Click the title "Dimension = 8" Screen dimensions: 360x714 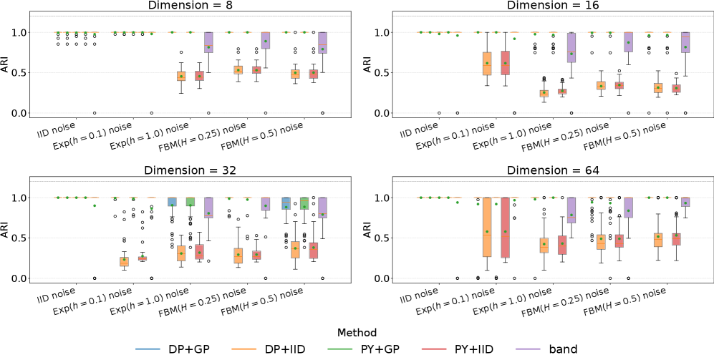pyautogui.click(x=181, y=6)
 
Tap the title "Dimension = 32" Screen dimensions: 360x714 pyautogui.click(x=181, y=171)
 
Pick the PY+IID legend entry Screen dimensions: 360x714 pyautogui.click(x=462, y=350)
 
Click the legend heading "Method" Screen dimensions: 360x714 pyautogui.click(x=356, y=333)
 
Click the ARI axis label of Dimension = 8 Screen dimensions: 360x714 pyautogui.click(x=9, y=64)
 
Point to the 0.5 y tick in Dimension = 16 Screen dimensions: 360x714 pyautogui.click(x=373, y=73)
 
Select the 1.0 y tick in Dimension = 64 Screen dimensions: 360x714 pyautogui.click(x=373, y=198)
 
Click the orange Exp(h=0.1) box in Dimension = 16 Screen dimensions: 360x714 pyautogui.click(x=488, y=63)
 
